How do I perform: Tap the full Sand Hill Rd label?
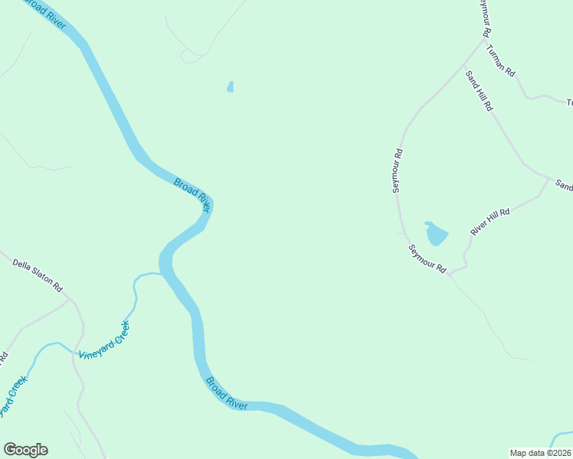click(479, 92)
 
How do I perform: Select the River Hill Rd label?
click(490, 220)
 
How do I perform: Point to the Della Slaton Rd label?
click(37, 276)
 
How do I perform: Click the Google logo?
click(25, 450)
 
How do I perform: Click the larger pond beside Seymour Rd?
click(436, 233)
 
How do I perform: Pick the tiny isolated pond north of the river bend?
click(230, 87)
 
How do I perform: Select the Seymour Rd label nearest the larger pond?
click(427, 259)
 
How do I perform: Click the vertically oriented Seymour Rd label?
click(397, 171)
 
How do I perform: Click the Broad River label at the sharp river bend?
click(192, 195)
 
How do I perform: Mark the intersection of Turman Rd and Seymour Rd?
click(484, 41)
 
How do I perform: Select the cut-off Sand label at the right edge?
click(564, 185)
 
